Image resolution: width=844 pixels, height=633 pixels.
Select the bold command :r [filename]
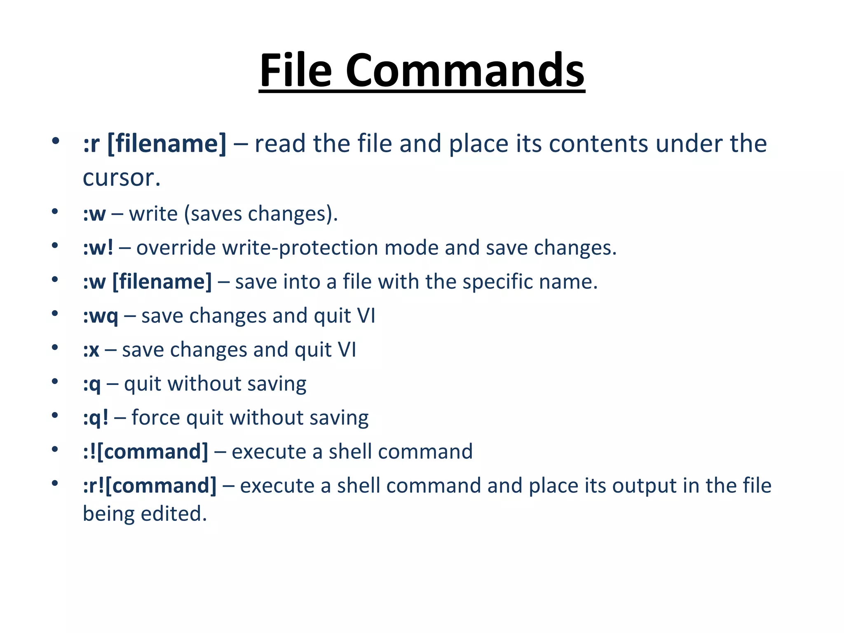[x=155, y=144]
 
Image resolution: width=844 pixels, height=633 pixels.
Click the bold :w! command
[x=98, y=248]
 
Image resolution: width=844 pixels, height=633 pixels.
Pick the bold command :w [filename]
[x=147, y=282]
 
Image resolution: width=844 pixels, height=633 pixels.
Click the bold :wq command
[x=101, y=316]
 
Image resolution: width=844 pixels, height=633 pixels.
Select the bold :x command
[x=91, y=350]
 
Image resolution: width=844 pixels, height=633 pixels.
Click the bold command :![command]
[x=145, y=452]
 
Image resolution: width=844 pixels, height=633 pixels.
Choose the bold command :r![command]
[x=150, y=486]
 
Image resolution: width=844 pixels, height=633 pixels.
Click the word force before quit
[x=155, y=418]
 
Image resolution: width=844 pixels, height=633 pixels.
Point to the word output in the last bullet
[x=644, y=486]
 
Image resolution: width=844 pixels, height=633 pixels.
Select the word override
[x=176, y=248]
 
